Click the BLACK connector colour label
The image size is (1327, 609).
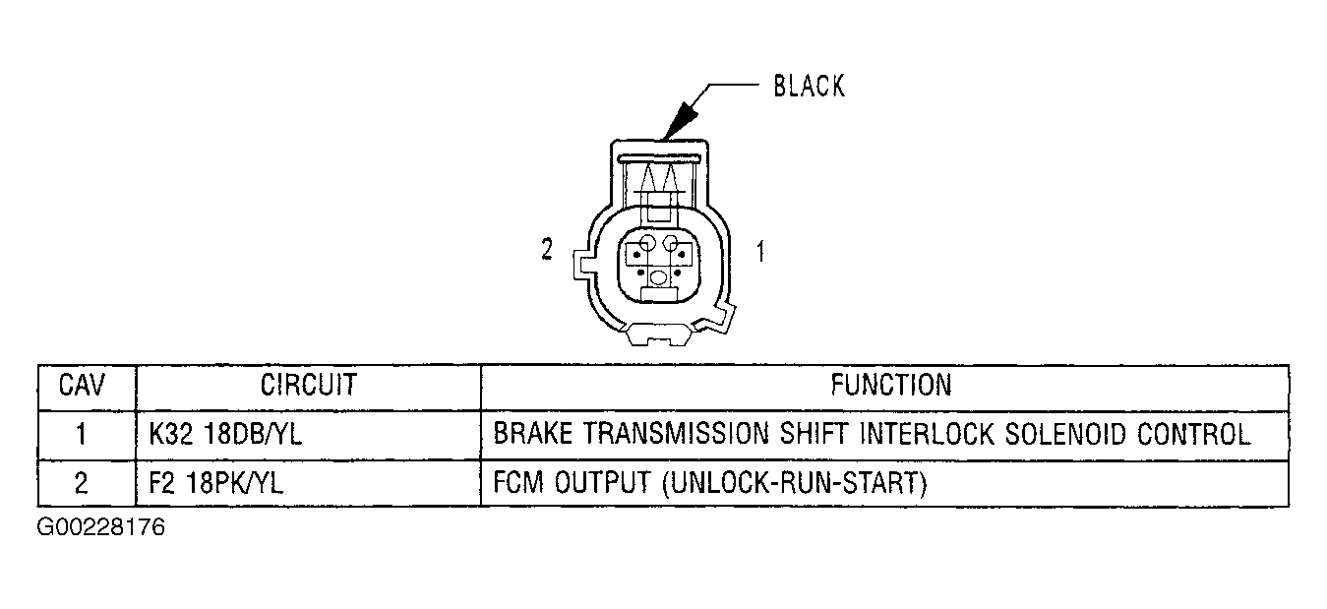(810, 86)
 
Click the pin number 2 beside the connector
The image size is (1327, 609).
(547, 250)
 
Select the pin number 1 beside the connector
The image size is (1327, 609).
(760, 251)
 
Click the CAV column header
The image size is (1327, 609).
(82, 385)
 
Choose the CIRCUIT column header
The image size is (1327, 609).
(309, 385)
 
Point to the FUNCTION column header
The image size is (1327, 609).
(891, 385)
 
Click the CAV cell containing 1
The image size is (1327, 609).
(82, 434)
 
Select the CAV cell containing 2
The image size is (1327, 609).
(82, 483)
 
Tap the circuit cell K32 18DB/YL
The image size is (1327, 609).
(225, 434)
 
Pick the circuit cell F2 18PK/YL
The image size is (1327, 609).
(215, 483)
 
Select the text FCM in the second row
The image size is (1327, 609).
(518, 483)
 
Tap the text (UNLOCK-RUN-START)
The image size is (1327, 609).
(794, 483)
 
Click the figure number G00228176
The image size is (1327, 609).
(100, 527)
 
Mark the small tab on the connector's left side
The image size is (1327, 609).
(580, 265)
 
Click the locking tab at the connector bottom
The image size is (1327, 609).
(658, 335)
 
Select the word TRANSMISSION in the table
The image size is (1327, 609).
(676, 434)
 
